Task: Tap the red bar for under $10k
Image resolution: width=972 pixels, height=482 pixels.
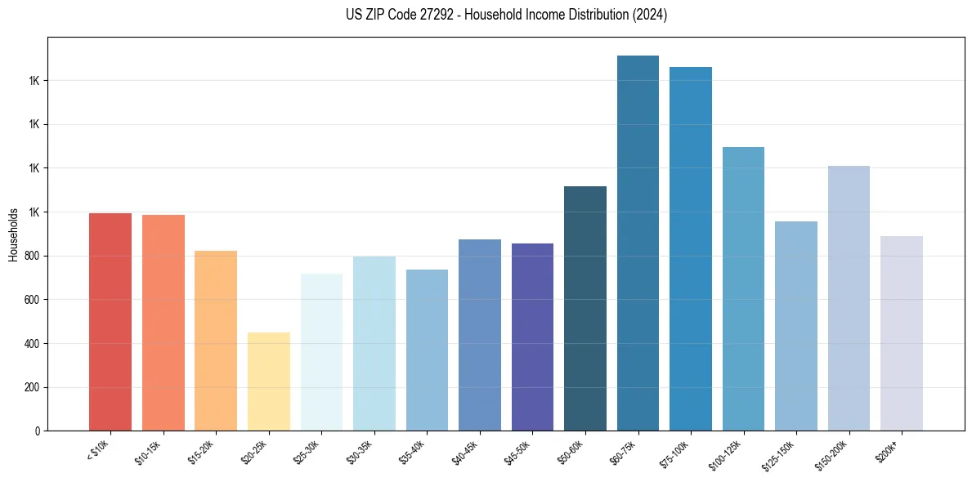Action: coord(110,322)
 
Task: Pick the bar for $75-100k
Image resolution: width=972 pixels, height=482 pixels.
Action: coord(690,249)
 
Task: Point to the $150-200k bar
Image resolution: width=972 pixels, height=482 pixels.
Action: coord(849,298)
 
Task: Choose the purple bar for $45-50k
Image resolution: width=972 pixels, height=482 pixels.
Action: coord(532,337)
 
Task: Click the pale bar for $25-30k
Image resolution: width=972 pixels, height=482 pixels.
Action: coord(321,352)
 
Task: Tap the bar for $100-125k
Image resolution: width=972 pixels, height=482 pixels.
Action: coord(743,289)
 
